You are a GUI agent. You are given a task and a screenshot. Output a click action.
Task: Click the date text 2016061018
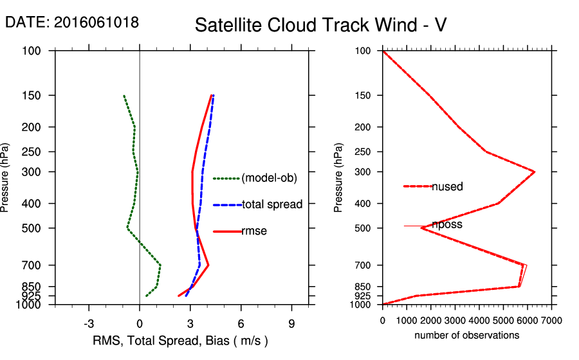point(96,22)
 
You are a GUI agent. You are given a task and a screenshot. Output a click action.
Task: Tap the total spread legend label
point(272,204)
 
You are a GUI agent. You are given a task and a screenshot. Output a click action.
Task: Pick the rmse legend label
point(254,231)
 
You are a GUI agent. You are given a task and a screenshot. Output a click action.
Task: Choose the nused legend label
point(447,186)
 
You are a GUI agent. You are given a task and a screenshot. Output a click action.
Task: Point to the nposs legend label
point(447,224)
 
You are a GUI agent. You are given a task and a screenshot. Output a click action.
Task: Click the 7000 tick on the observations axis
point(551,321)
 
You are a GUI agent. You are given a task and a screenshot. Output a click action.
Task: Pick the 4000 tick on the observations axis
point(479,321)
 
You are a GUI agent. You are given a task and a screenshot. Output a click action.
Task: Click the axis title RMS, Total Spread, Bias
point(180,340)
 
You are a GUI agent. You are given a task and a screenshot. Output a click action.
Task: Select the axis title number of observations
point(466,335)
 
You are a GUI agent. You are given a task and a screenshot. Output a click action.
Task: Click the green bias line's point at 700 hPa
point(160,265)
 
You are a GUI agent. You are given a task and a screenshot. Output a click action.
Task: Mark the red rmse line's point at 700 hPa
point(208,265)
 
